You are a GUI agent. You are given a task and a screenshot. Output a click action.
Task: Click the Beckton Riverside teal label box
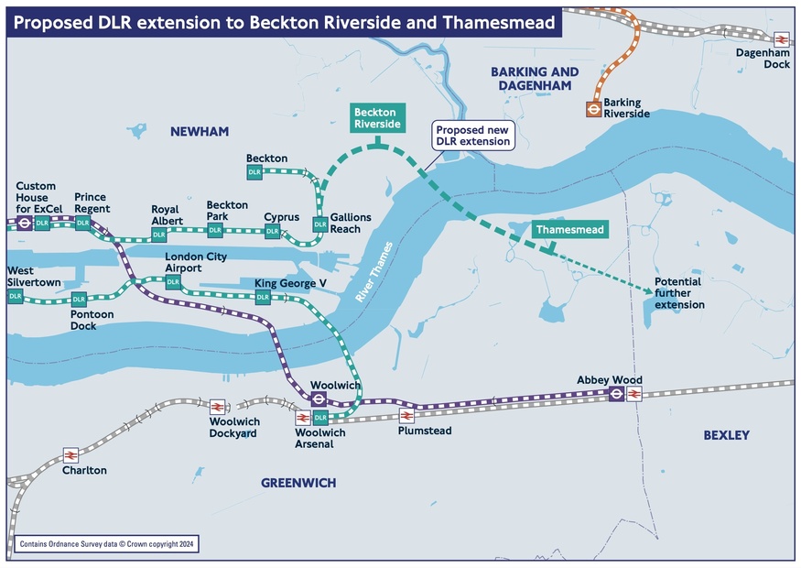coord(375,118)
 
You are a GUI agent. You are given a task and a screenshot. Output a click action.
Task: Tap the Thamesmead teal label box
coord(569,230)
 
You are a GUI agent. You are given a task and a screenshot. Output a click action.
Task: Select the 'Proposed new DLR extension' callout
coord(472,136)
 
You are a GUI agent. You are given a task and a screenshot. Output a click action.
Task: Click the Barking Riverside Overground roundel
coord(593,109)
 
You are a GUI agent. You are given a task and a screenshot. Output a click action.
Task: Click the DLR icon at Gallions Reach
coord(319,224)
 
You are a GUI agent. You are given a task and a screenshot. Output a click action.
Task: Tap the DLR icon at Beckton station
coord(254,172)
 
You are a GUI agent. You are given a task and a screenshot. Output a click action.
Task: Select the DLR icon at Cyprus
coord(273,231)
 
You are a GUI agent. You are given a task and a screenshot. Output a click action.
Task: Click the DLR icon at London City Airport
coord(173,281)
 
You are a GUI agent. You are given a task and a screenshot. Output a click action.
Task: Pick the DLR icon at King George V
coord(263,297)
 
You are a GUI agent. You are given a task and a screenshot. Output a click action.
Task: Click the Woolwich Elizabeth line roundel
coord(319,399)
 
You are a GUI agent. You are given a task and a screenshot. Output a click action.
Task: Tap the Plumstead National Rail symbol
coord(406,416)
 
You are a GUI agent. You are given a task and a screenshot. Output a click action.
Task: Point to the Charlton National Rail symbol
coord(70,455)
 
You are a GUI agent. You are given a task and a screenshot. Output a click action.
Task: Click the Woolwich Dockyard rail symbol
coord(218,407)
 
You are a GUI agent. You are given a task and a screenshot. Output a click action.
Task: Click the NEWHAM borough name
coord(199,132)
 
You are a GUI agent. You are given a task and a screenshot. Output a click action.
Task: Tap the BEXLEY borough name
coord(726,435)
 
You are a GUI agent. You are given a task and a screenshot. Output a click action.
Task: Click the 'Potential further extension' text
coord(679,293)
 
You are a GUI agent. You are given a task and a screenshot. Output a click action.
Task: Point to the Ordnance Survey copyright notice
coord(106,544)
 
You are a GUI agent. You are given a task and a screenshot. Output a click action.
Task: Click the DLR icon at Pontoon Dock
coord(79,300)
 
